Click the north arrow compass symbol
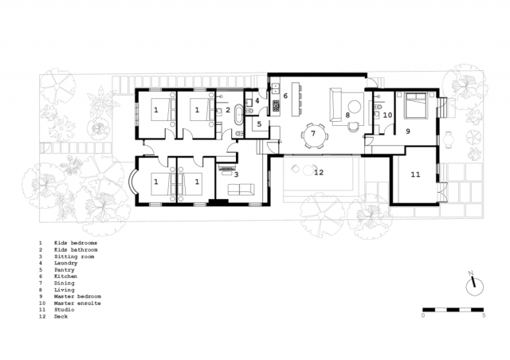pos(474,284)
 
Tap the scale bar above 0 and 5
pos(453,310)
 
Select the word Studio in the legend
pos(64,310)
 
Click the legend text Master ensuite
pos(77,303)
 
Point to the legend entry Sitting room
pos(74,256)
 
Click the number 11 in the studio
pos(415,174)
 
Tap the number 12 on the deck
pos(319,172)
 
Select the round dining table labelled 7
pos(313,135)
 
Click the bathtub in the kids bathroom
pos(239,114)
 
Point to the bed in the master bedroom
pos(414,105)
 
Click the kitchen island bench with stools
pos(296,99)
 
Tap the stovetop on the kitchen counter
pos(277,104)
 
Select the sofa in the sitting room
pos(241,190)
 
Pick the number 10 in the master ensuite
pos(387,115)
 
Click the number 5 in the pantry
pos(259,124)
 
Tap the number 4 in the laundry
pos(257,101)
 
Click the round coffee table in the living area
pos(354,107)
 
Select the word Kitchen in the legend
pos(65,276)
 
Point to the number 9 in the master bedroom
pos(407,131)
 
